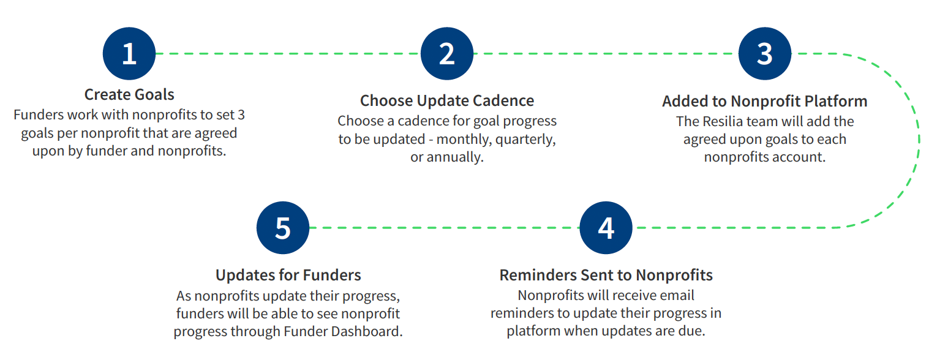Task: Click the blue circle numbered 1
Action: point(129,54)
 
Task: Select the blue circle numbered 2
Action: point(447,54)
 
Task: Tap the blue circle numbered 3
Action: point(765,54)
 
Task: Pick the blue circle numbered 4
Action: point(606,228)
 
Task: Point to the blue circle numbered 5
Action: point(283,228)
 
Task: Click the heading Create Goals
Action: point(129,94)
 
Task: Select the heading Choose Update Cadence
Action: point(447,101)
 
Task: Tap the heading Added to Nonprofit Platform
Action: point(765,102)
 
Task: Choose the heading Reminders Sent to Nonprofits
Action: point(606,276)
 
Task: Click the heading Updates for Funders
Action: point(288,276)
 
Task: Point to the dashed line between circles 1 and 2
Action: point(288,54)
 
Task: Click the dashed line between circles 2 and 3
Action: point(606,54)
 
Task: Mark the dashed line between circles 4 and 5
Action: point(445,228)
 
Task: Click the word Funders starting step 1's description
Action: point(39,115)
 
